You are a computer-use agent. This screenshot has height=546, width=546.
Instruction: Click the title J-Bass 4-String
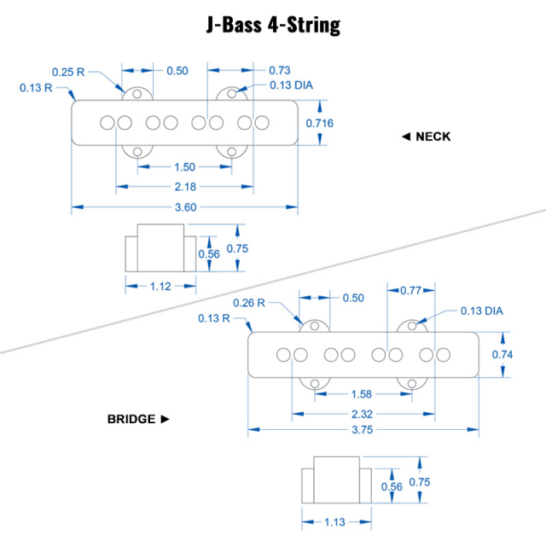coord(273,25)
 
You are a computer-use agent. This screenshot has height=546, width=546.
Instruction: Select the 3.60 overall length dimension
coord(186,207)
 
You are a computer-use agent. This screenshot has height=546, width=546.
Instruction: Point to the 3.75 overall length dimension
coord(363,431)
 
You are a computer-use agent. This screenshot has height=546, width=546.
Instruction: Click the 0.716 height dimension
coord(320,124)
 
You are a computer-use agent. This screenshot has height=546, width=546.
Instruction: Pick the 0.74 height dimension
coord(502,354)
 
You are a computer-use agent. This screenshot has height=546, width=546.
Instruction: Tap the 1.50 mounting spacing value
coord(183,167)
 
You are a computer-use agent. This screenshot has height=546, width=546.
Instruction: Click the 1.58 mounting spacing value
coord(362,394)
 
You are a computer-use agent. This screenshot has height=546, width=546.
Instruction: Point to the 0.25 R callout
coord(68,72)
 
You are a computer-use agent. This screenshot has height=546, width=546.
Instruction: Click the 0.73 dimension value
coord(280,70)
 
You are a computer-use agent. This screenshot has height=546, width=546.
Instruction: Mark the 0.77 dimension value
coord(412,291)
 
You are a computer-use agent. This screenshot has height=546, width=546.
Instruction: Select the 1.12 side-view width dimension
coord(160,287)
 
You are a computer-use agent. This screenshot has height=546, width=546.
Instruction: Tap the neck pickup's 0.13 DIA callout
coord(291,84)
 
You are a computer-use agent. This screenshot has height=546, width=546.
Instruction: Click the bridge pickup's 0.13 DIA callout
coord(482,311)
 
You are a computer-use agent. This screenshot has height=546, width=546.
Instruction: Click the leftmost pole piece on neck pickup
coord(107,123)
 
